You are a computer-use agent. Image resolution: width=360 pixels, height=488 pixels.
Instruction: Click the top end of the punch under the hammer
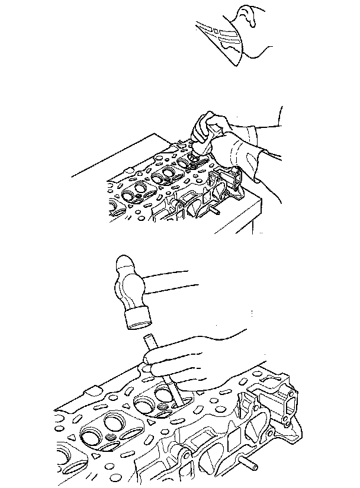pos(147,338)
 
